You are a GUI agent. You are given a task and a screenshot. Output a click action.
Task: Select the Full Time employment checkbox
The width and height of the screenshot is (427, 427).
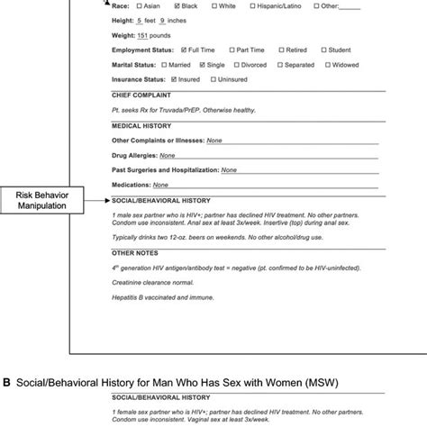point(185,50)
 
